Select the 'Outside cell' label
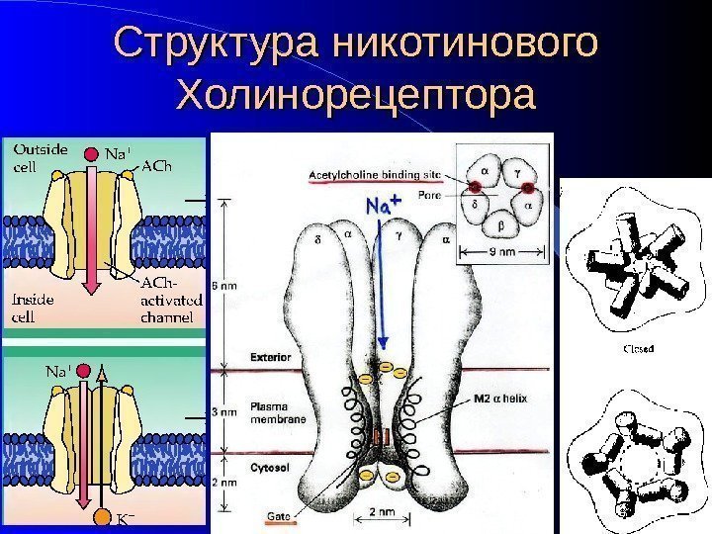[41, 158]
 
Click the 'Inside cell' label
[35, 308]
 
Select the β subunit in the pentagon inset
[500, 225]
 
